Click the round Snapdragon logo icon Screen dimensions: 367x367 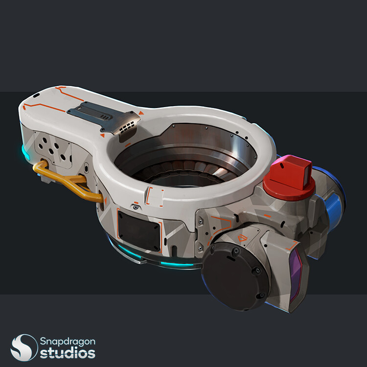[24, 347]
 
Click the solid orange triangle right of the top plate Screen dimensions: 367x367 [141, 114]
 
